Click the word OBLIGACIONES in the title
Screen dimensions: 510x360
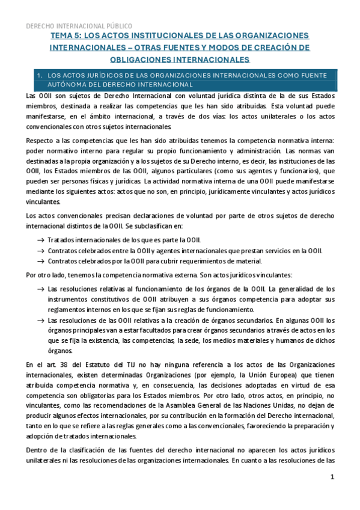144,59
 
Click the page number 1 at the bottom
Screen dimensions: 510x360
331,477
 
